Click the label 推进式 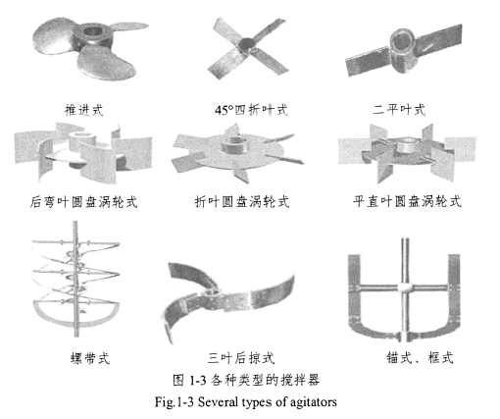point(84,110)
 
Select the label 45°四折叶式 point(251,110)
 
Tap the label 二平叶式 point(399,110)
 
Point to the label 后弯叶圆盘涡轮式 point(83,202)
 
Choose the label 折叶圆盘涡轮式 point(242,201)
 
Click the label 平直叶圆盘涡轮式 point(407,201)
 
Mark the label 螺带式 point(90,358)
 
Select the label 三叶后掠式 point(241,357)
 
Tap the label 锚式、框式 point(420,357)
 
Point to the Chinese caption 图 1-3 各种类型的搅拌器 point(246,380)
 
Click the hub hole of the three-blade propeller point(92,32)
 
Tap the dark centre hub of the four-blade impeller point(246,43)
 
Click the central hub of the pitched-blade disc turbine point(234,145)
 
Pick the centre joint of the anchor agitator point(406,288)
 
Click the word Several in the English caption point(218,401)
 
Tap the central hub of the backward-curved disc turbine point(81,141)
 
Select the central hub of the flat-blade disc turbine point(406,145)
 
